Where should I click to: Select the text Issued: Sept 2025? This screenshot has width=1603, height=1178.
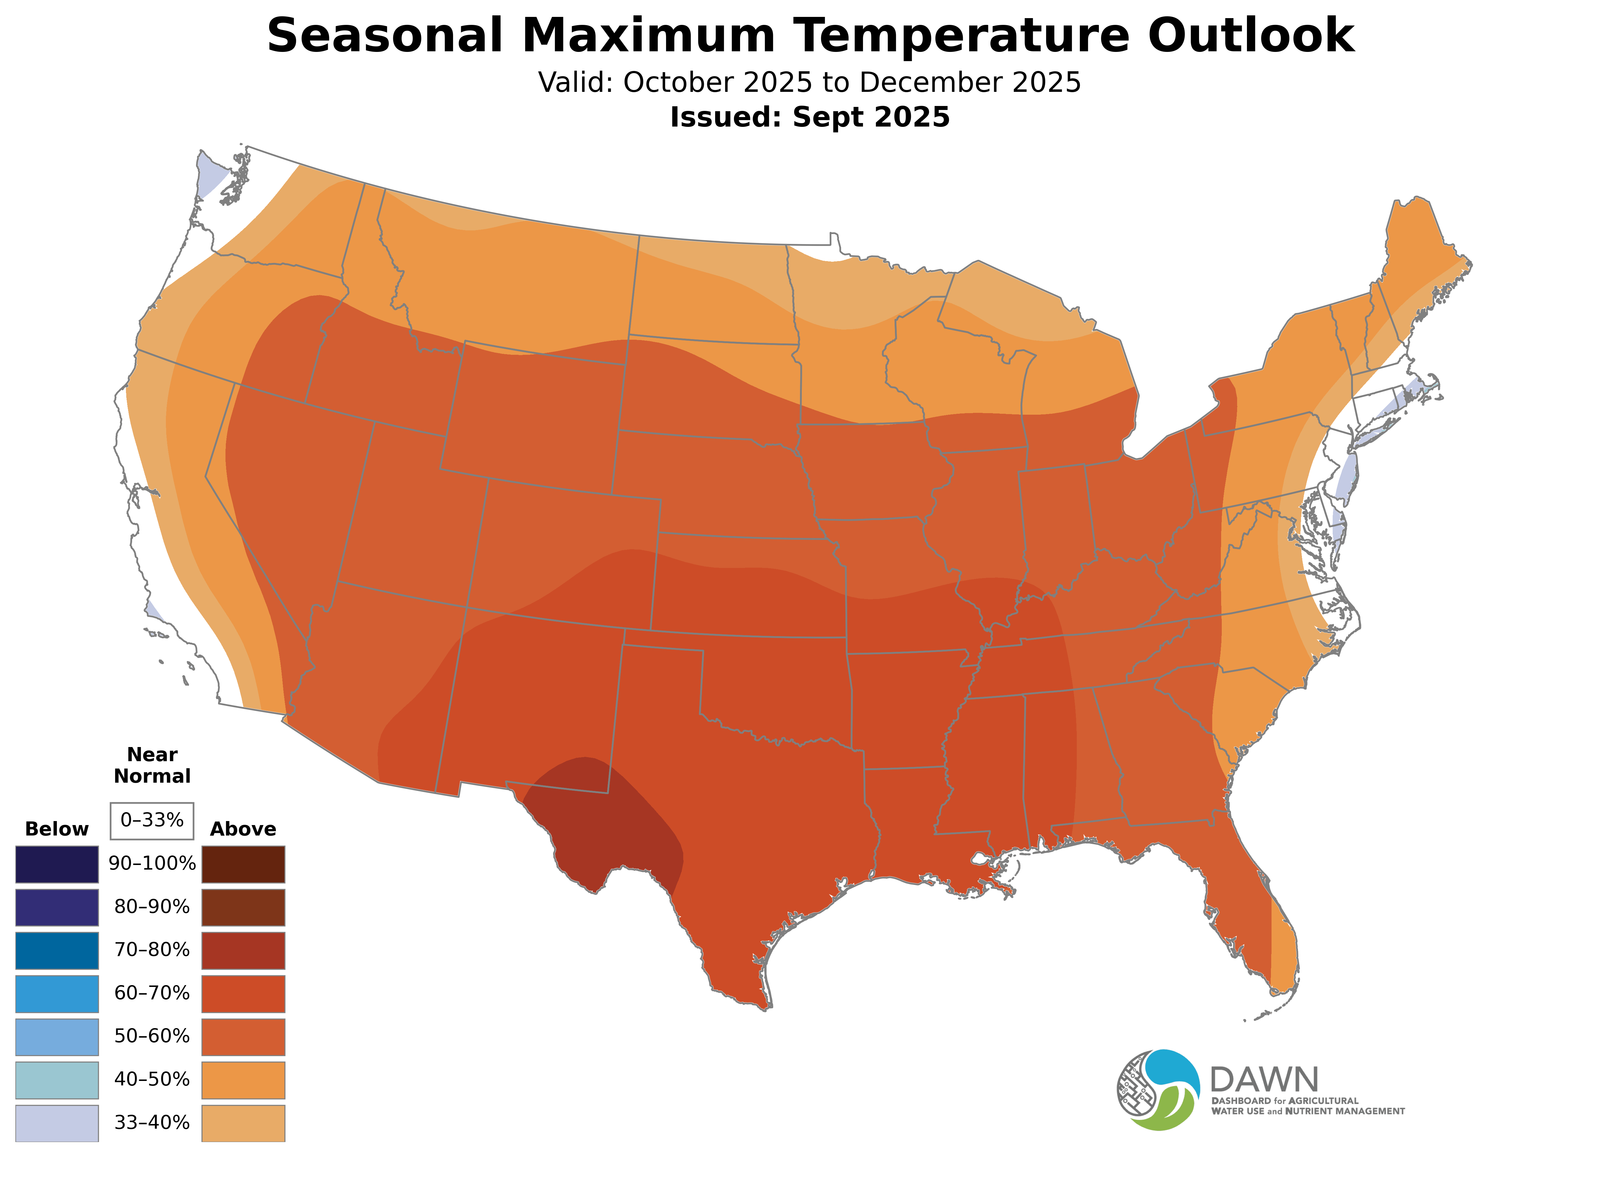(810, 117)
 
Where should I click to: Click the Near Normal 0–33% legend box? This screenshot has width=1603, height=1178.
(152, 821)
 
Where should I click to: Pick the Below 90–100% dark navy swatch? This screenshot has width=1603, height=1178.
(57, 864)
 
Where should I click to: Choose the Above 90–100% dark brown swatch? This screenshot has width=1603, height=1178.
(243, 864)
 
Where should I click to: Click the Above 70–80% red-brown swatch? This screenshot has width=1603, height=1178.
(243, 950)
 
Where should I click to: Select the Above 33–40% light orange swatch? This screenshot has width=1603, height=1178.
(243, 1123)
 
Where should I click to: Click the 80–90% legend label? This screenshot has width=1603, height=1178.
(152, 907)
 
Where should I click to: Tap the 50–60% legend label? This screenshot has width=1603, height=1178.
(152, 1036)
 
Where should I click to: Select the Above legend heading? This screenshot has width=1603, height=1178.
(243, 829)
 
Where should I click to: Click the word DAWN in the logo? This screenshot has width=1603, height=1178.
(1264, 1080)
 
